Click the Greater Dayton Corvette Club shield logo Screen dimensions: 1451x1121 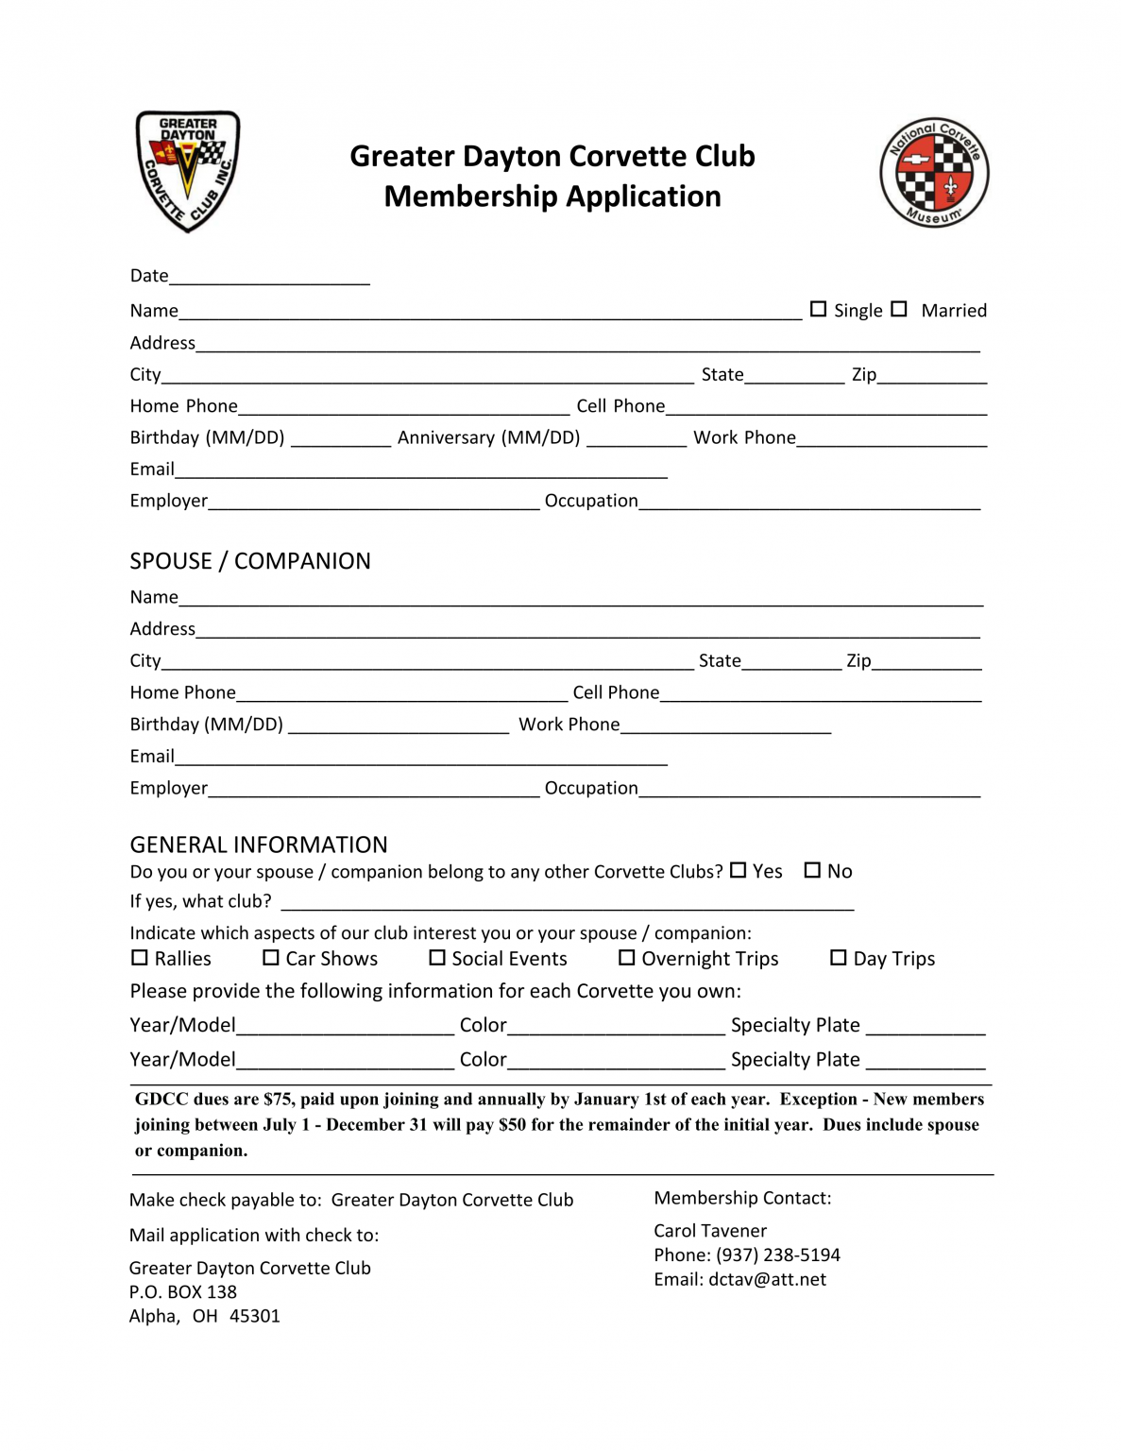tap(187, 171)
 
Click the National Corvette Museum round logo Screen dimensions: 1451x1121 tap(933, 173)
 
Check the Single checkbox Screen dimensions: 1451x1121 tap(818, 309)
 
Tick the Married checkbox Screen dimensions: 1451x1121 tap(899, 309)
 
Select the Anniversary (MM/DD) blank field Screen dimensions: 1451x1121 tap(636, 438)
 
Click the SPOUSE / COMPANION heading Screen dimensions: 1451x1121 tap(250, 561)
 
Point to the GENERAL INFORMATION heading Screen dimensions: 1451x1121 tap(259, 845)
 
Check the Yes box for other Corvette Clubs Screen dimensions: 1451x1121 tap(739, 870)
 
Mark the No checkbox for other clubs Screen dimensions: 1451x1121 tap(812, 870)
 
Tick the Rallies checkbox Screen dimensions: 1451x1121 tap(140, 958)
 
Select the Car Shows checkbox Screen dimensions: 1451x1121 tap(271, 958)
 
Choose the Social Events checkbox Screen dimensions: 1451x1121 tap(437, 958)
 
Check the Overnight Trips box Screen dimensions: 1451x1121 tap(626, 958)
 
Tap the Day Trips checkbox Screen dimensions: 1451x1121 tap(838, 958)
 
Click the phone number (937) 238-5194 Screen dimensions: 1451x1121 tap(777, 1255)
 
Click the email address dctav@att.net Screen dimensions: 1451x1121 tap(767, 1279)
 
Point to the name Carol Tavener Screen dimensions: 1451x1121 tap(710, 1231)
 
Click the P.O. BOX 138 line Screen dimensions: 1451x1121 tap(183, 1291)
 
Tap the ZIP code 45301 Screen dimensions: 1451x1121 tap(255, 1316)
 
